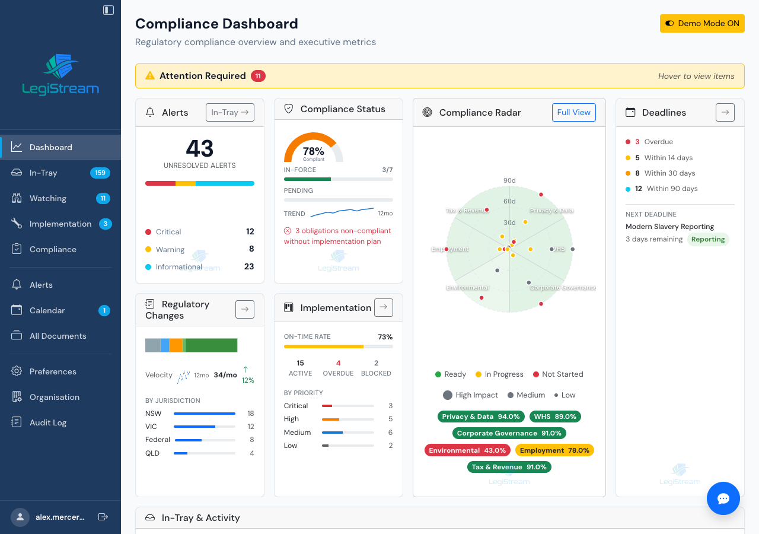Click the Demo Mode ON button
tap(702, 23)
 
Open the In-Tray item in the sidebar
tap(43, 173)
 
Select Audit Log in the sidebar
tap(47, 422)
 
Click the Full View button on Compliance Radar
tap(573, 112)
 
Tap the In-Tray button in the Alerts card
tap(229, 112)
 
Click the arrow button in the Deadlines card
tap(725, 112)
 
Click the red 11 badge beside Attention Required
tap(258, 76)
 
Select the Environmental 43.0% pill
tap(467, 450)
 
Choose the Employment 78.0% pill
tap(554, 450)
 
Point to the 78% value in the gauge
tap(314, 151)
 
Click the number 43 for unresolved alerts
tap(199, 148)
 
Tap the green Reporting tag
tap(708, 239)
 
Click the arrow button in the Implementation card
tap(383, 307)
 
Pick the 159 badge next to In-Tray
tap(100, 173)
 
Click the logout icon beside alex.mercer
tap(103, 517)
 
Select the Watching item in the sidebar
tap(47, 198)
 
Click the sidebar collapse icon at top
tap(109, 9)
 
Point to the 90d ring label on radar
tap(509, 180)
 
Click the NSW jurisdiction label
tap(153, 413)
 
